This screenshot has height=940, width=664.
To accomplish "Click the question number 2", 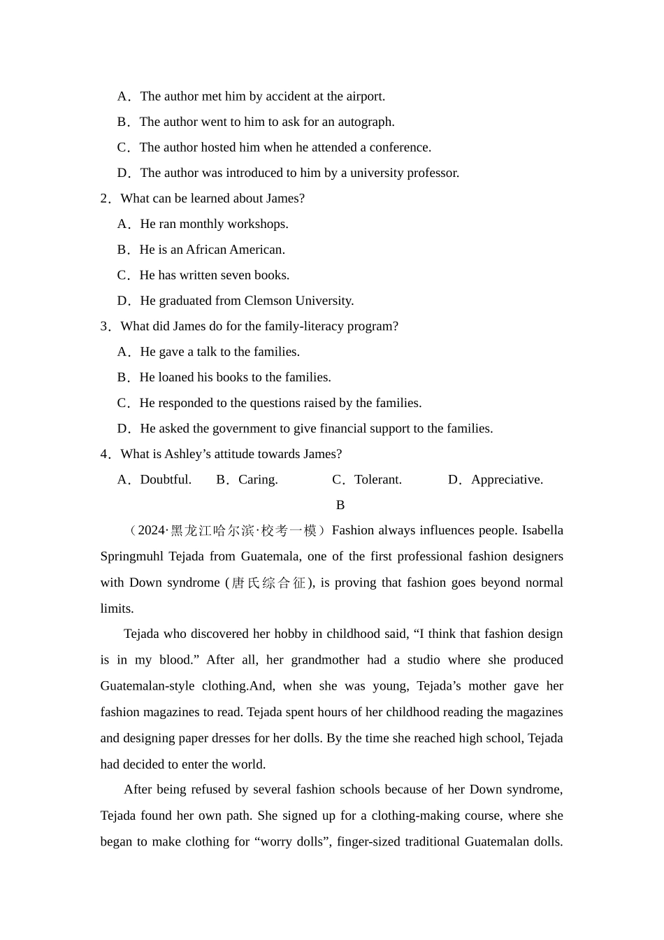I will coord(105,199).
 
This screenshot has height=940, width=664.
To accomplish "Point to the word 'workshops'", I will coord(261,224).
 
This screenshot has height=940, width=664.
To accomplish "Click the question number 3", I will coord(105,327).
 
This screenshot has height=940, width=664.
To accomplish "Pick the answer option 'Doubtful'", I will coord(165,480).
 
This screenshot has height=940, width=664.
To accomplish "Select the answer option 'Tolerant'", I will coord(377,480).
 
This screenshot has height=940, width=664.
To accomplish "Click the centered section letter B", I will coord(340,505).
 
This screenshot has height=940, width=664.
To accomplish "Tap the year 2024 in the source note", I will coord(152,531).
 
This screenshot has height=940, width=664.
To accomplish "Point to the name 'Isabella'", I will coord(540,531).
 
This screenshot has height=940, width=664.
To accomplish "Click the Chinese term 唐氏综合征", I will coord(269,583).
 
